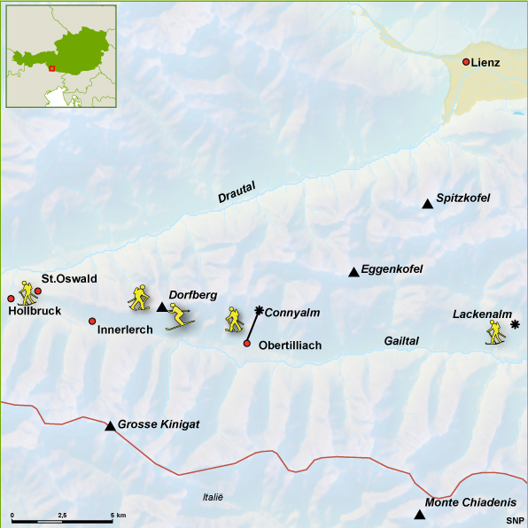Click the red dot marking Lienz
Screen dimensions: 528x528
point(466,62)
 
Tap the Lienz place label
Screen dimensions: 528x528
point(486,63)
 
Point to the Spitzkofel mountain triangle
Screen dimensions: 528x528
point(427,205)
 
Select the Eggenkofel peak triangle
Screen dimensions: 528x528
point(353,272)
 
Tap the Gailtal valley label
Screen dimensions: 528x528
point(401,341)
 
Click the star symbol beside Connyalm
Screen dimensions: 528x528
point(259,310)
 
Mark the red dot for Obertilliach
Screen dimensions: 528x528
point(246,344)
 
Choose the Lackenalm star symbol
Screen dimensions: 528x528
point(515,325)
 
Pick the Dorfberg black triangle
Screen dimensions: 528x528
point(161,307)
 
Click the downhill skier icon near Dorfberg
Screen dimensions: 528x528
point(179,316)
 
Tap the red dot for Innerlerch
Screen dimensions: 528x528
point(92,321)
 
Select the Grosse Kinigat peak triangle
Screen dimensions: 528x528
point(110,426)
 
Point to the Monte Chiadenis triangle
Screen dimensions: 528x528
point(419,515)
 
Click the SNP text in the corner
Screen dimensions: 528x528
point(515,520)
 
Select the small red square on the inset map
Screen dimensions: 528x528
point(51,67)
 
